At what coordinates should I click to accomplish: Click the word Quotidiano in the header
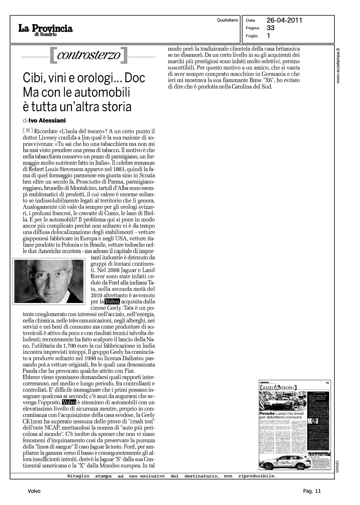(227, 20)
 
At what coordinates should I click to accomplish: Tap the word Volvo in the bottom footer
(34, 491)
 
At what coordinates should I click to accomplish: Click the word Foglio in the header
(252, 36)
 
